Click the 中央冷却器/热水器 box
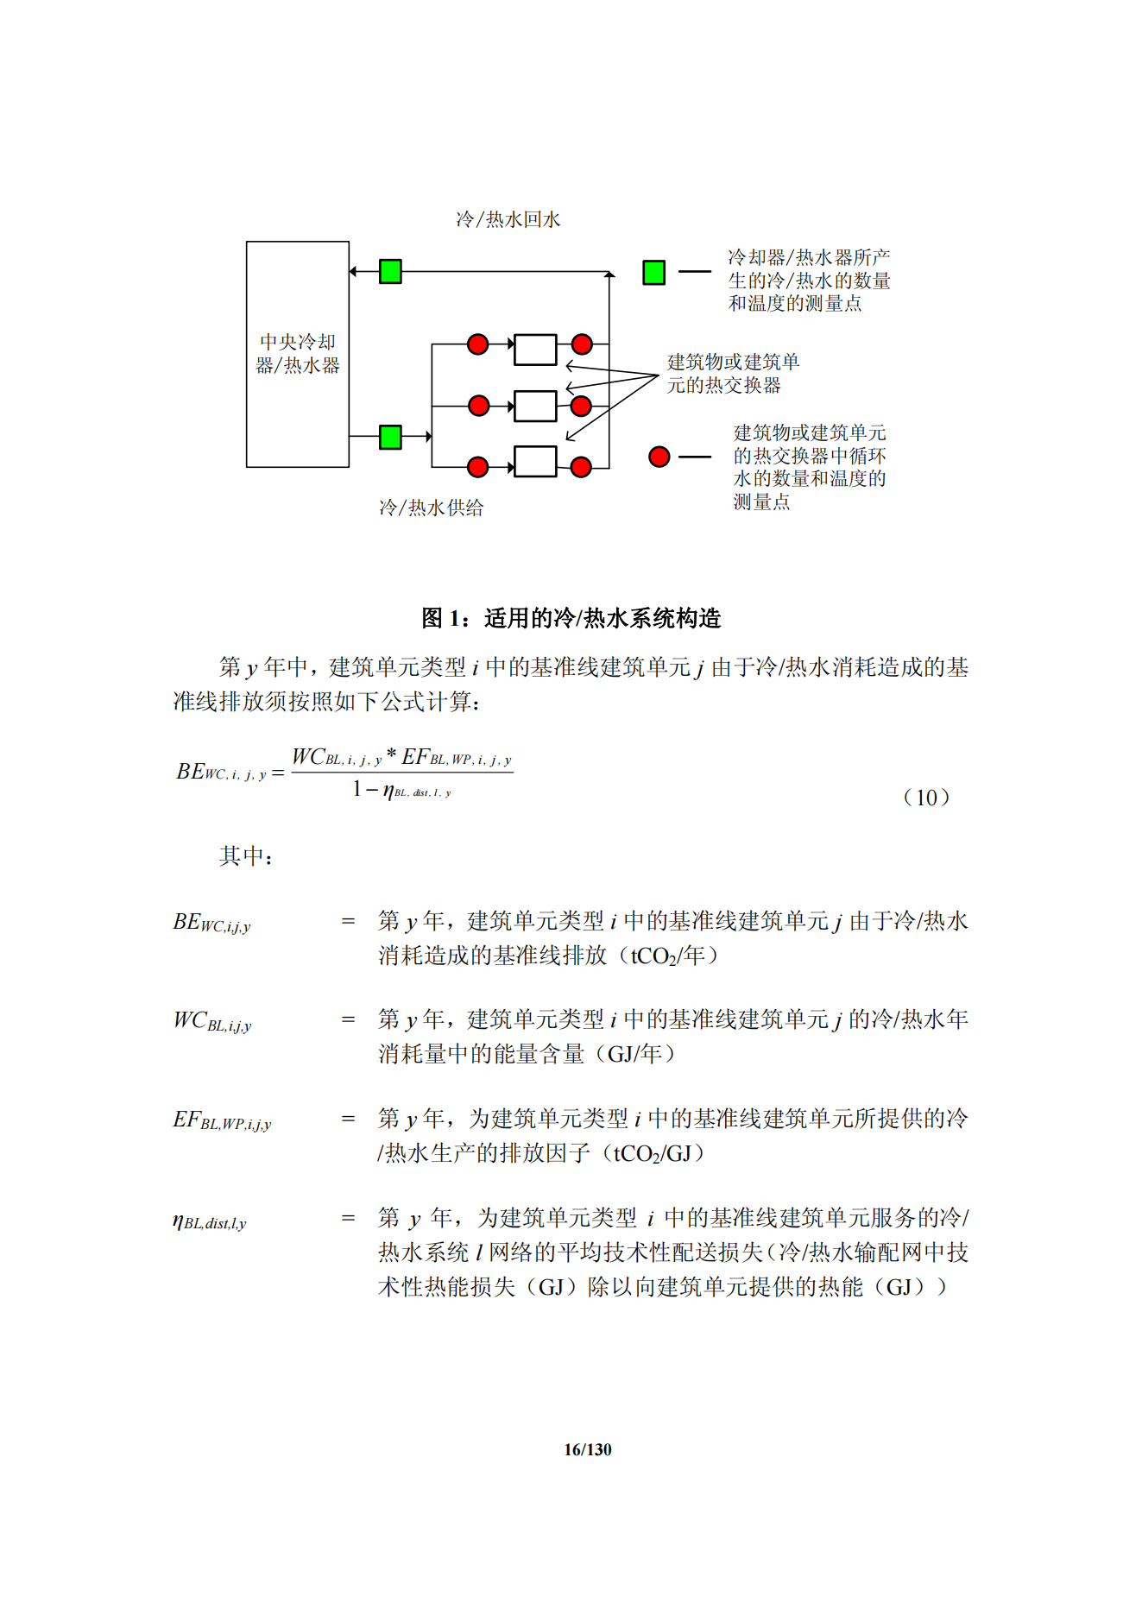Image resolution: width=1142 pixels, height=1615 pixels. point(297,354)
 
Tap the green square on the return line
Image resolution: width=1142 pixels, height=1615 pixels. point(390,271)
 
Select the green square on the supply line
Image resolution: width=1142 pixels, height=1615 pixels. point(390,437)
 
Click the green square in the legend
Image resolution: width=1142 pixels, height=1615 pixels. point(653,272)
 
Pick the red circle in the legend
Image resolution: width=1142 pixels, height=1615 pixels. point(659,457)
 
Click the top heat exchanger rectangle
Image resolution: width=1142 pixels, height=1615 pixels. point(535,350)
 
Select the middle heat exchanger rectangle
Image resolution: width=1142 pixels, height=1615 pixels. point(535,406)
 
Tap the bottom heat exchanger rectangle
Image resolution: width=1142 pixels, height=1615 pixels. point(535,461)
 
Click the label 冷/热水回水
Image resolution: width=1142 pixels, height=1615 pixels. point(508,220)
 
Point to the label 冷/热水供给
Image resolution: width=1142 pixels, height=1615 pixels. point(431,508)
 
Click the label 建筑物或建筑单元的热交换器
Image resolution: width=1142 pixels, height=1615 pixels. point(733,373)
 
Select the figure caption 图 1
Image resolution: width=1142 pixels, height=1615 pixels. point(571,618)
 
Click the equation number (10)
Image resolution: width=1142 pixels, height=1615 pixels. point(926,798)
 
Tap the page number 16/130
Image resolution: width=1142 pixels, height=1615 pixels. point(587,1449)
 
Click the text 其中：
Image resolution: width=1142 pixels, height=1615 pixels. point(246,856)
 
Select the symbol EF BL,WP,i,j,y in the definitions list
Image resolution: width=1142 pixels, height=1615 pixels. point(222,1120)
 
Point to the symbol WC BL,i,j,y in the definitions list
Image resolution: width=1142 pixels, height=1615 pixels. point(212,1021)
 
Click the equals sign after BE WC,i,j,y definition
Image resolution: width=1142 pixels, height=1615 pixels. point(348,922)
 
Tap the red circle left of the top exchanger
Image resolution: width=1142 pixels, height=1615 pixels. point(477,344)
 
